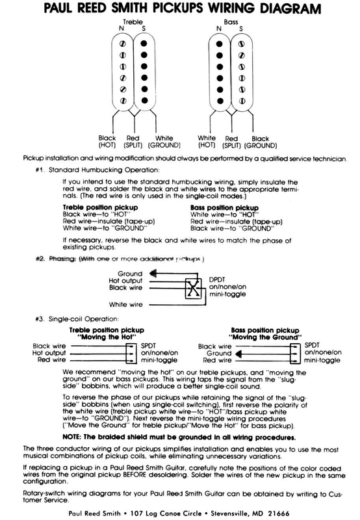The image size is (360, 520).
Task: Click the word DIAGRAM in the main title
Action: pos(290,8)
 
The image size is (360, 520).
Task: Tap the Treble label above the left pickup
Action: pos(133,22)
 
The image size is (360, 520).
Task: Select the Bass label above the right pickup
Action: pos(231,22)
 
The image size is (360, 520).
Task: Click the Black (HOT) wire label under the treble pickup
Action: pos(107,142)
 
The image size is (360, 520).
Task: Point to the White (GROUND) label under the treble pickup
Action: pos(164,142)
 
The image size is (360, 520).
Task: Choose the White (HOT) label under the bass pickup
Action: pos(207,142)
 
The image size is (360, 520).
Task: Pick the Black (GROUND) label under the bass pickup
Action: pos(260,142)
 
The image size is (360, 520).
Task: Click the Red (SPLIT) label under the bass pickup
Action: pos(231,142)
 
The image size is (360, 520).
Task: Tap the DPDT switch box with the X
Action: pos(193,288)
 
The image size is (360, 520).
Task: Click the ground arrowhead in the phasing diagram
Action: pos(153,274)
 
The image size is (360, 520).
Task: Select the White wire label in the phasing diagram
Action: pos(126,304)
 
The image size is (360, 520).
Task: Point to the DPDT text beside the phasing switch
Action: pos(217,279)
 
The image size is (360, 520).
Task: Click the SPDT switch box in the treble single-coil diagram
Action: pos(131,354)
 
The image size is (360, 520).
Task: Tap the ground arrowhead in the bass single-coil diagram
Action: pos(238,354)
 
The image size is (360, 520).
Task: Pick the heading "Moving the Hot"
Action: pos(107,337)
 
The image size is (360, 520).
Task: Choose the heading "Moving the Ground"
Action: pos(265,337)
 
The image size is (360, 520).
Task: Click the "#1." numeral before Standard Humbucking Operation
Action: pos(40,170)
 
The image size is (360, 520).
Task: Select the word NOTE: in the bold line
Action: pos(72,437)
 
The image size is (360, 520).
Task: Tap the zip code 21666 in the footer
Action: pos(279,513)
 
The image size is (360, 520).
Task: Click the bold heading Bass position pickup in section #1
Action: pos(224,207)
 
